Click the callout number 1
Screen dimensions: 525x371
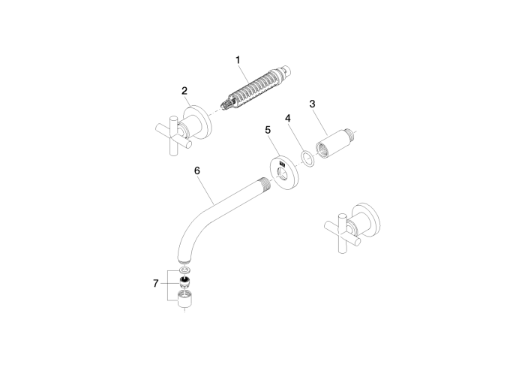click(238, 60)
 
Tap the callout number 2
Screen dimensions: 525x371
click(184, 91)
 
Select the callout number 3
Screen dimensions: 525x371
click(313, 104)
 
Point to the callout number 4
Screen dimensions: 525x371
click(288, 118)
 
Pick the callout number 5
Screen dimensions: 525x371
click(268, 130)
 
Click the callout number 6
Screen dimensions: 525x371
click(197, 170)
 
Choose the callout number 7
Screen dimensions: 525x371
click(156, 284)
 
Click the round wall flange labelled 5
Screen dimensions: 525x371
click(284, 173)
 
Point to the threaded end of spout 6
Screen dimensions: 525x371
click(266, 182)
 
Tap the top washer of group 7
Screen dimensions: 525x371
click(184, 270)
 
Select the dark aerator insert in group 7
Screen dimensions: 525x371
click(184, 282)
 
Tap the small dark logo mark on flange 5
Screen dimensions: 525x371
click(282, 164)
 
